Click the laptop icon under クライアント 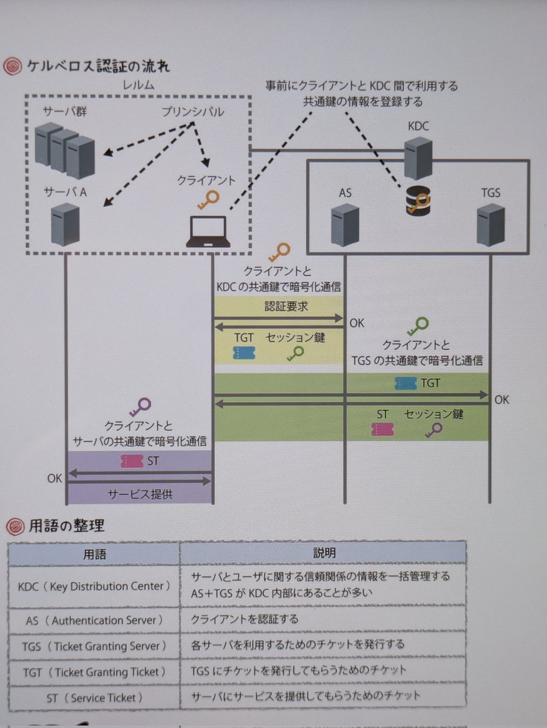208,232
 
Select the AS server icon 345,224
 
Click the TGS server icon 491,224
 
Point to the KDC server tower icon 418,158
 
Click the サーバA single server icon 66,224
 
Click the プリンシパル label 192,112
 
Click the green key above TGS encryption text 418,327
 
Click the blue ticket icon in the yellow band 243,353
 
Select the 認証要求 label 287,306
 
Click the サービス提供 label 140,494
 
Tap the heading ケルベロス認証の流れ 98,66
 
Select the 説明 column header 324,553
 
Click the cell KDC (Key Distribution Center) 95,587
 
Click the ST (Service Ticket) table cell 95,698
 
